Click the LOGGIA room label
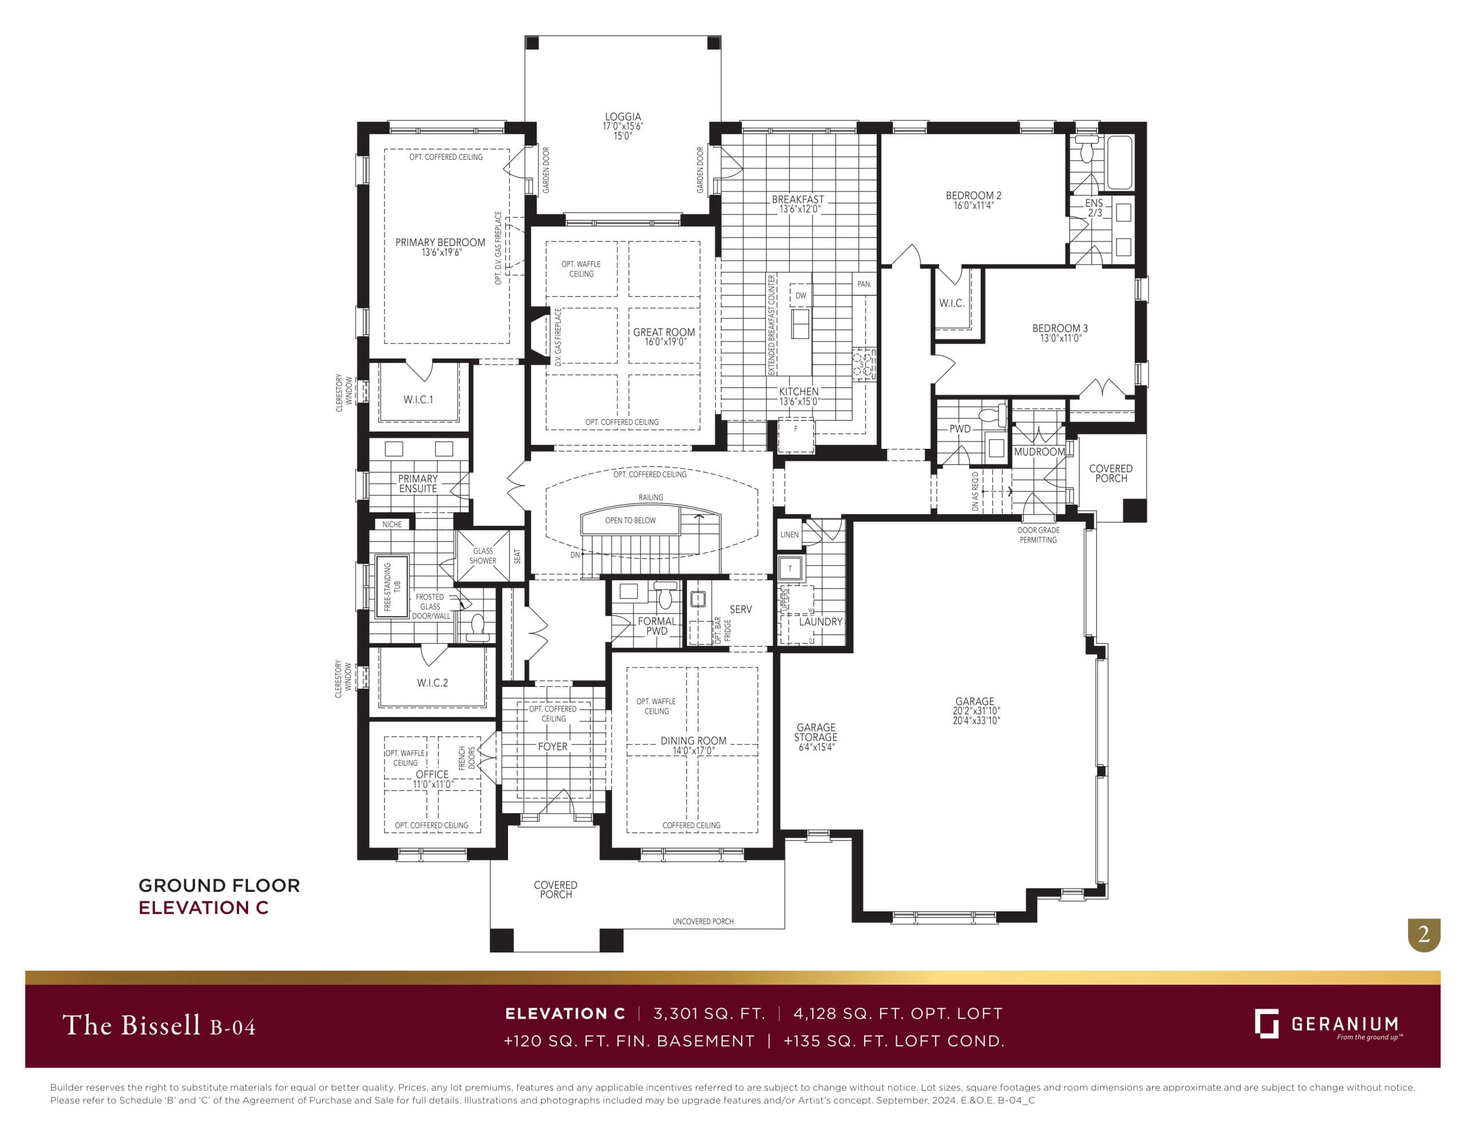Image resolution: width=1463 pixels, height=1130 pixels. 622,117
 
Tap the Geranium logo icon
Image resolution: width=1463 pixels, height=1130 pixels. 1266,1023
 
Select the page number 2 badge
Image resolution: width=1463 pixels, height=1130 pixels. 1424,934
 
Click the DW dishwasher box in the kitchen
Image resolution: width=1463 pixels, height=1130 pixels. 801,295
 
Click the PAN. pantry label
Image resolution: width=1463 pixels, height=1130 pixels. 864,284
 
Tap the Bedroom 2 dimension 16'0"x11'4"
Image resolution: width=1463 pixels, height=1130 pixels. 973,206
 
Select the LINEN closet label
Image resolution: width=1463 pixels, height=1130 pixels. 789,534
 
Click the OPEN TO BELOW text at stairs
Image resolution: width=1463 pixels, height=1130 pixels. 630,520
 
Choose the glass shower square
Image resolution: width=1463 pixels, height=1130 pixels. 482,556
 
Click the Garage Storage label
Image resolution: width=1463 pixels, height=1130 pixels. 816,737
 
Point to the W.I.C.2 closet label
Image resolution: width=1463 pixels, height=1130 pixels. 432,683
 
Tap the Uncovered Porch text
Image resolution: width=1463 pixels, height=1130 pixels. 703,921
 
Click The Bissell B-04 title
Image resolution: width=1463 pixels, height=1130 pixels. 159,1025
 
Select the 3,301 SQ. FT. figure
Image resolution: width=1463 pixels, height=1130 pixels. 709,1014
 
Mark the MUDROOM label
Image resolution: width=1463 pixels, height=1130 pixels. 1038,452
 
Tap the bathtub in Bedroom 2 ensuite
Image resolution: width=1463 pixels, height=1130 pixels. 1120,163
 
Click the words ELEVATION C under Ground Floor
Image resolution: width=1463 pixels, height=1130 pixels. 203,908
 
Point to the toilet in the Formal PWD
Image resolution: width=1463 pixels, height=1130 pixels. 665,595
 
